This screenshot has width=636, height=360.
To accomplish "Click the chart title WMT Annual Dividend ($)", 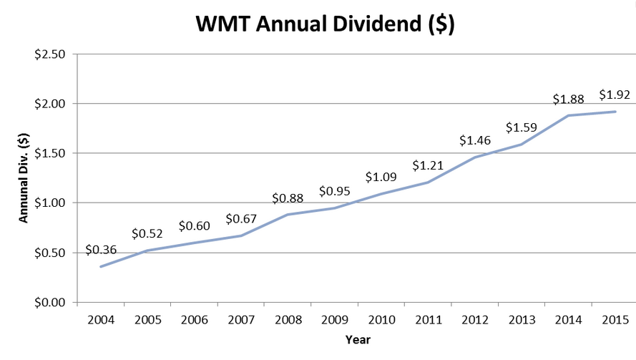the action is click(x=325, y=24).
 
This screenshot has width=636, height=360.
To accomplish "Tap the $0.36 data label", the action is click(x=101, y=250).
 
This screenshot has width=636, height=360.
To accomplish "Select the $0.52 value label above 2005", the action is click(x=147, y=234).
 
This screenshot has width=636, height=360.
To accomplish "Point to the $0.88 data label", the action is click(x=288, y=198).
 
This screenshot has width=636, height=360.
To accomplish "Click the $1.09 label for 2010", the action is click(x=381, y=177).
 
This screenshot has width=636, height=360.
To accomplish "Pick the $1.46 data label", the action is click(x=475, y=140).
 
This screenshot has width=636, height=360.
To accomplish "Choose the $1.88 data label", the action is click(x=568, y=99).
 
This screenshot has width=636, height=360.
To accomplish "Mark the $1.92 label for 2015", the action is click(x=615, y=95).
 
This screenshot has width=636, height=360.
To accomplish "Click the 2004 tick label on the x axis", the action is click(x=101, y=320).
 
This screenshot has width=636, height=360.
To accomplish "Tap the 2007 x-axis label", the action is click(x=241, y=320).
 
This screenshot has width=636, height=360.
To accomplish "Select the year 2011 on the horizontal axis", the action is click(x=429, y=320).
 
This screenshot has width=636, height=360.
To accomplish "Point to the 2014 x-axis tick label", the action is click(x=568, y=320).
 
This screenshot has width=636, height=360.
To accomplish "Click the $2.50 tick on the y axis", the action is click(x=50, y=54).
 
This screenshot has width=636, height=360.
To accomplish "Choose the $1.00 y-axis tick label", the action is click(x=50, y=203).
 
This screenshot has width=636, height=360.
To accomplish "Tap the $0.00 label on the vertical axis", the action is click(x=50, y=303).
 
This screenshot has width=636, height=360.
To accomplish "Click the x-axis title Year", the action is click(x=358, y=340).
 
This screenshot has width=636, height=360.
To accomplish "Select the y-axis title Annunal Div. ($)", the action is click(x=24, y=177).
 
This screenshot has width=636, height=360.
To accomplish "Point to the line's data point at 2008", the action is click(x=288, y=214).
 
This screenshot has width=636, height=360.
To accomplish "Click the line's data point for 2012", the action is click(x=475, y=157).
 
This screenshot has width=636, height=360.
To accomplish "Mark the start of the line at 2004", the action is click(x=101, y=267).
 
